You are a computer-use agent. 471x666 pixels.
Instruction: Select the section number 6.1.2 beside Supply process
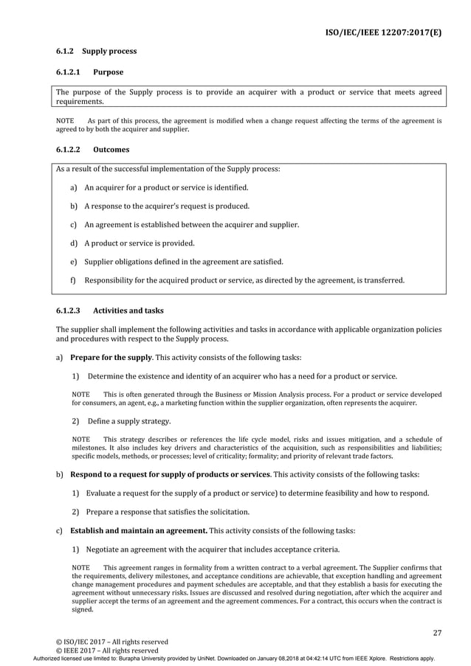pyautogui.click(x=66, y=52)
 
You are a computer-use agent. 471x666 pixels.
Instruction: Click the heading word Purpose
pyautogui.click(x=109, y=72)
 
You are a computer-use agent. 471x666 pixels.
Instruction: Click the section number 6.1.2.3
pyautogui.click(x=71, y=311)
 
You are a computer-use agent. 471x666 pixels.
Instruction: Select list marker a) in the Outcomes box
pyautogui.click(x=74, y=188)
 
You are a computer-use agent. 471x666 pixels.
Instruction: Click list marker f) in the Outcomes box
pyautogui.click(x=74, y=280)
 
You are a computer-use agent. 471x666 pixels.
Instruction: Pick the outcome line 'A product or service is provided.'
pyautogui.click(x=140, y=243)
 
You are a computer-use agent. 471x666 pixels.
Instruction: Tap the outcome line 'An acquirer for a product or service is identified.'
pyautogui.click(x=166, y=188)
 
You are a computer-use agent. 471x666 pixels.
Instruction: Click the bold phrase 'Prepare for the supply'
pyautogui.click(x=111, y=358)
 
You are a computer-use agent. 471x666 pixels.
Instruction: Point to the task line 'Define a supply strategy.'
pyautogui.click(x=128, y=422)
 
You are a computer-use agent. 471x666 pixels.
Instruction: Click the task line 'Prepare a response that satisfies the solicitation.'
pyautogui.click(x=168, y=512)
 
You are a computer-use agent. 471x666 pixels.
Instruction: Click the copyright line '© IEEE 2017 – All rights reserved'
pyautogui.click(x=107, y=651)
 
